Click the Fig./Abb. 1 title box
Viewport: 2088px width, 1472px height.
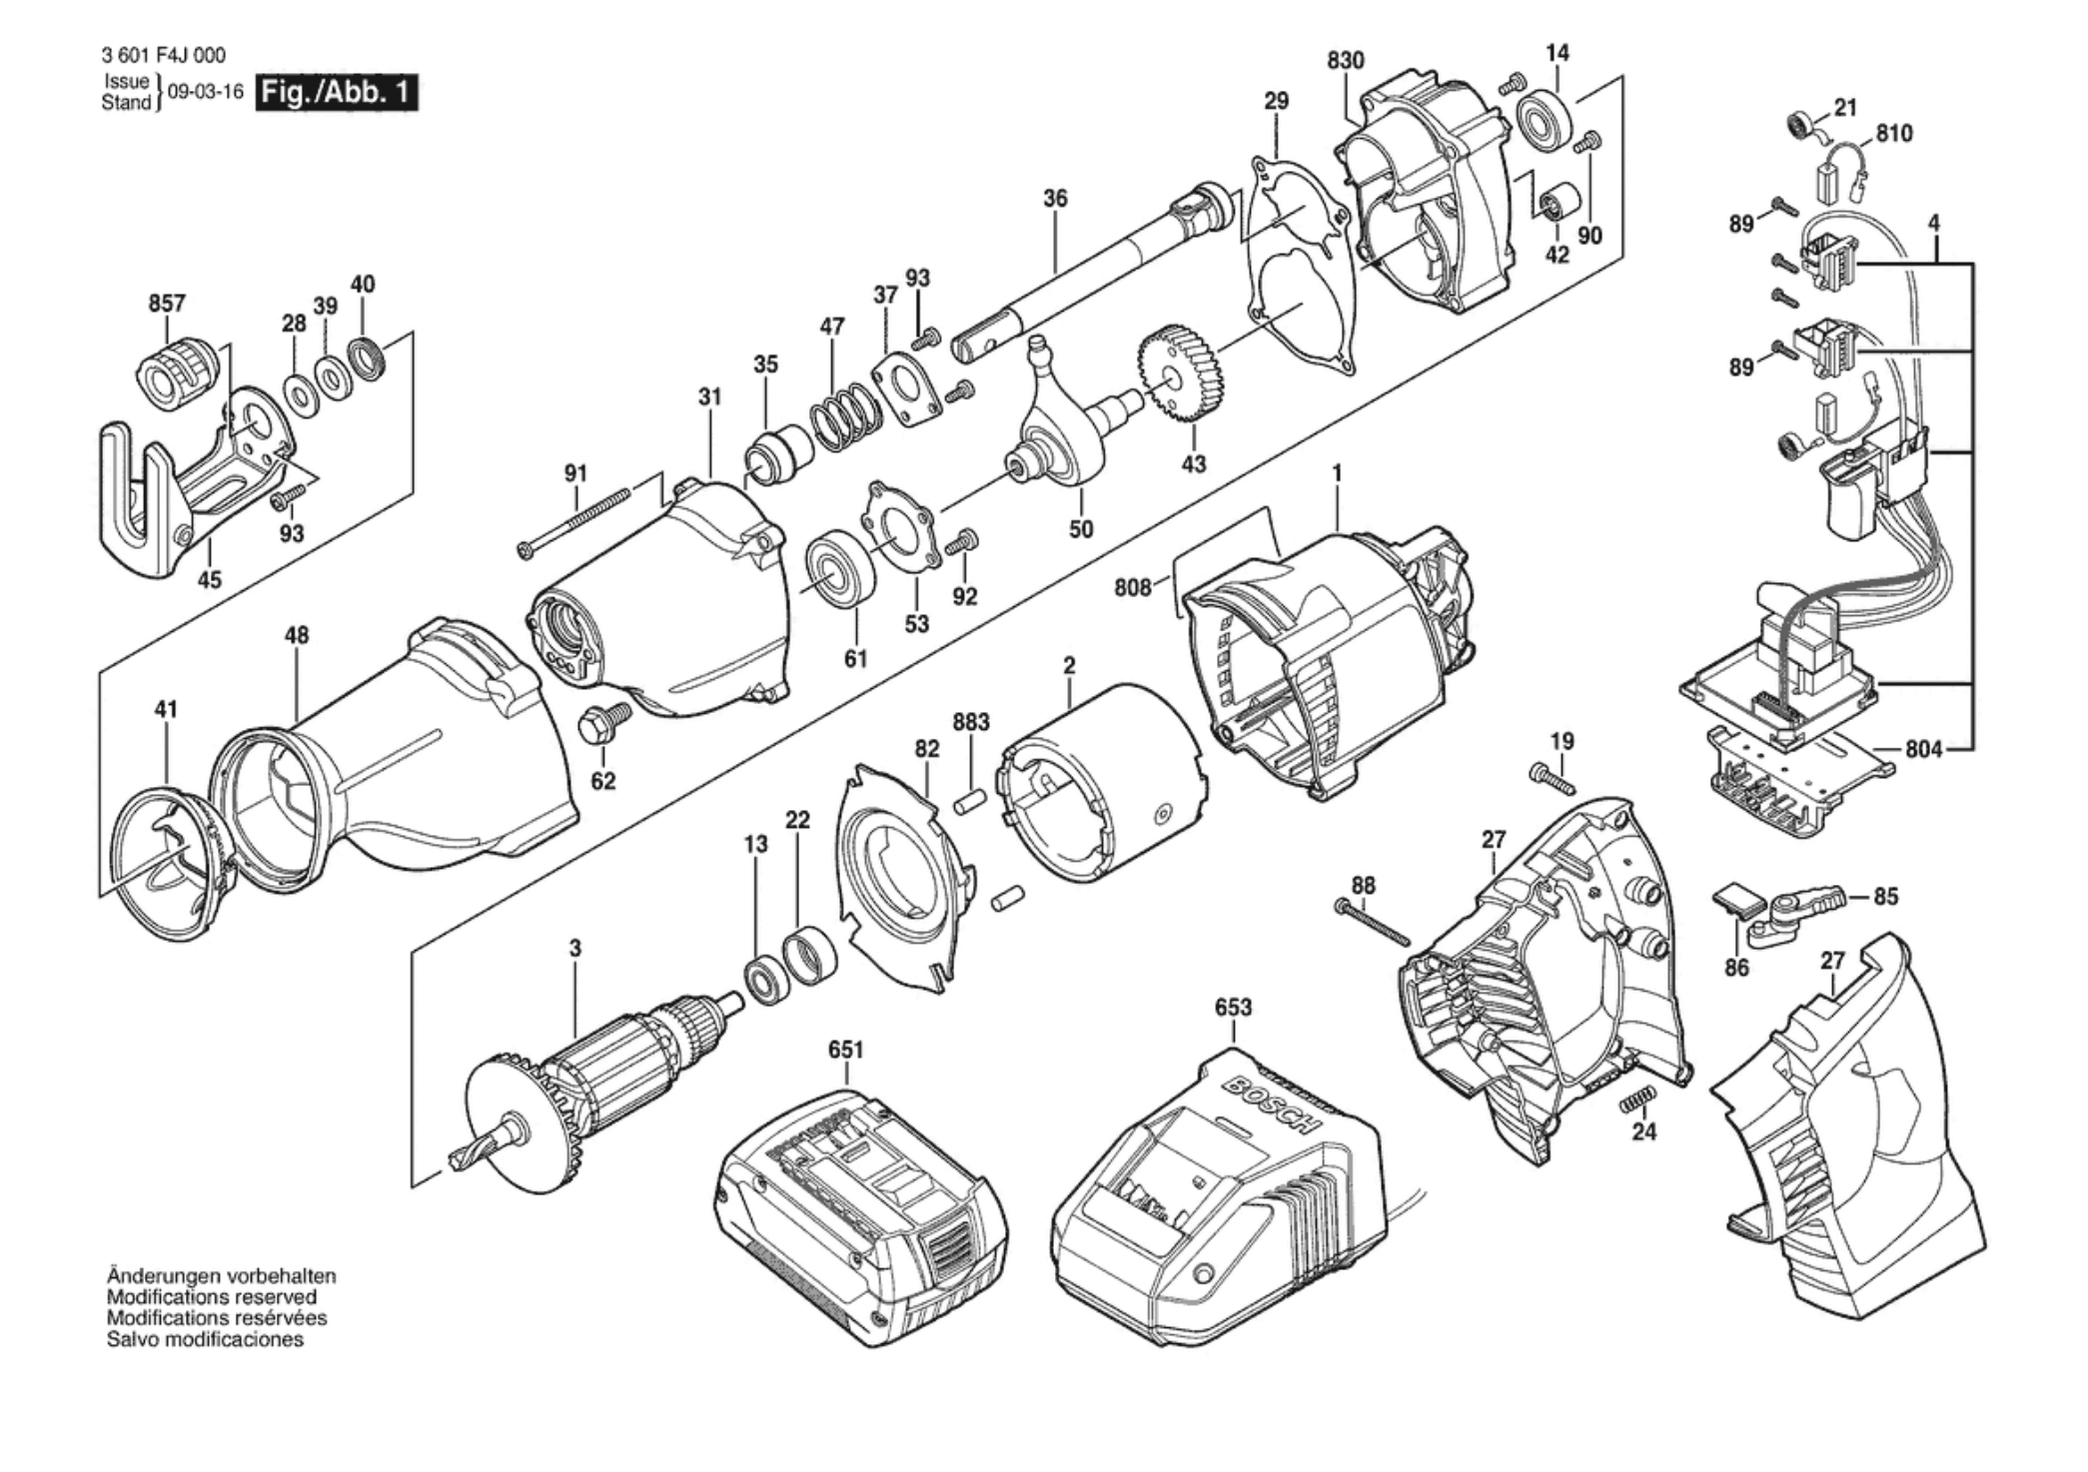(x=337, y=93)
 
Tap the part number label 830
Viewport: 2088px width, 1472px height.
(x=1346, y=60)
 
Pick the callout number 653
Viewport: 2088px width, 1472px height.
(x=1233, y=1008)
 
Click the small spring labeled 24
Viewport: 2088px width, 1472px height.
(x=1636, y=1100)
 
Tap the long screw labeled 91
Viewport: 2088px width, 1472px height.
(x=574, y=520)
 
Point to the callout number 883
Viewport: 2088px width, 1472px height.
(x=971, y=722)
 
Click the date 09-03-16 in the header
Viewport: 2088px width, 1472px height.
(x=206, y=92)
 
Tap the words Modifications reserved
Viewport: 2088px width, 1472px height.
(x=212, y=1297)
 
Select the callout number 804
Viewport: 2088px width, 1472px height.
(x=1923, y=749)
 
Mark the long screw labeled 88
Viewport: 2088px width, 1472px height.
(x=1372, y=922)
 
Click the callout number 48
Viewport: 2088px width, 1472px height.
(x=297, y=635)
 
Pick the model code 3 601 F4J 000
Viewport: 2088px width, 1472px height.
(x=164, y=56)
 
